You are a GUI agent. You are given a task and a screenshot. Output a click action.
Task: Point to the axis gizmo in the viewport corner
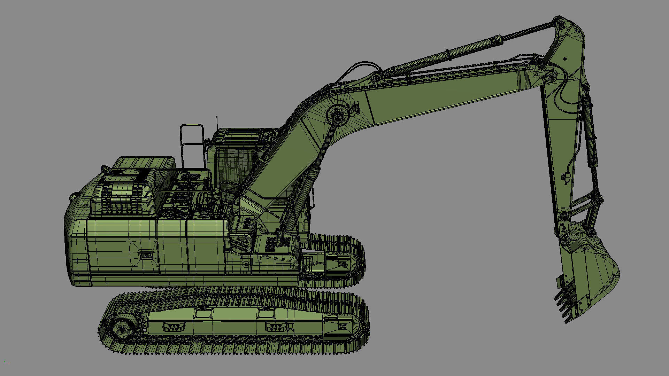[x=6, y=362]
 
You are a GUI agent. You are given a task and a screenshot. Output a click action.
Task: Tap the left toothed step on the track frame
[x=174, y=327]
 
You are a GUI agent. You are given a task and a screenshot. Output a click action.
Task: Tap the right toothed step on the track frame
[x=275, y=327]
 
